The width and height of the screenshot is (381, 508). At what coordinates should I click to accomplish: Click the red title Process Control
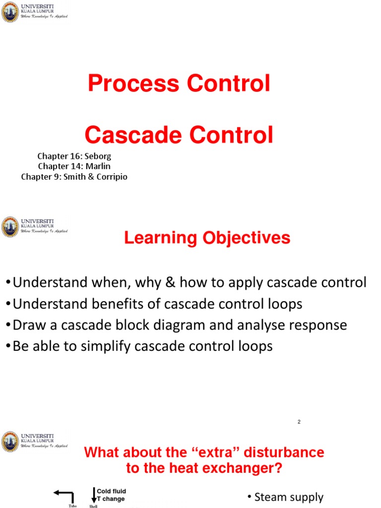(x=179, y=83)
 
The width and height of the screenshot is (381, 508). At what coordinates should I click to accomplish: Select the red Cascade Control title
(x=179, y=135)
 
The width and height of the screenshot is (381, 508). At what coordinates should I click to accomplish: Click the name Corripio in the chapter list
(x=110, y=177)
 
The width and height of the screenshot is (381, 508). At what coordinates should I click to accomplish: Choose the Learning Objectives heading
(x=207, y=238)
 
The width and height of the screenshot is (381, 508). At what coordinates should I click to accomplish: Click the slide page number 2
(x=299, y=422)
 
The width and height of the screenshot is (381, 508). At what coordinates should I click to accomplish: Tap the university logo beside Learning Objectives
(x=10, y=226)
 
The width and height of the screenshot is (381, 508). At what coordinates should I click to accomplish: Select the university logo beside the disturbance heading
(x=10, y=442)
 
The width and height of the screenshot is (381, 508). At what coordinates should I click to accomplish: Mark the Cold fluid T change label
(x=111, y=495)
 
